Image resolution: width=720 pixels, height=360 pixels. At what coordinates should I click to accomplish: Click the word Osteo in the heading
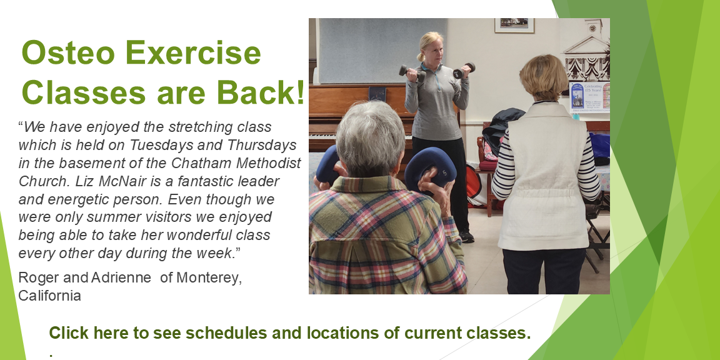coord(68,52)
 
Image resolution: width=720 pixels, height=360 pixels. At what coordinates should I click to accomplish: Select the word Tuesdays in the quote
coord(157,144)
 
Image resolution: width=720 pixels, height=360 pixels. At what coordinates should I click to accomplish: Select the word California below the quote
coord(49,296)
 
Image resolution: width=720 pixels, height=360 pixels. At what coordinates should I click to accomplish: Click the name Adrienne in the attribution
coord(121,277)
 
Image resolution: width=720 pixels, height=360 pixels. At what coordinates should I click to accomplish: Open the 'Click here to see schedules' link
coord(290,332)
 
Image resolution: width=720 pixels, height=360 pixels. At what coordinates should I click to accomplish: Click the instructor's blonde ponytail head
coord(430,47)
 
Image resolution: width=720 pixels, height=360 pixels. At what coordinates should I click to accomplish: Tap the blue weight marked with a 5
coord(430,169)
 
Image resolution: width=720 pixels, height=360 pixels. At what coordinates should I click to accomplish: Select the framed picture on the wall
coord(514,25)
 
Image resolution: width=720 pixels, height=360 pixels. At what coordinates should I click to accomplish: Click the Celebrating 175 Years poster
coord(589,97)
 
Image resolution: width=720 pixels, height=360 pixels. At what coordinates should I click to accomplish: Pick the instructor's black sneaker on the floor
coord(466,236)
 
